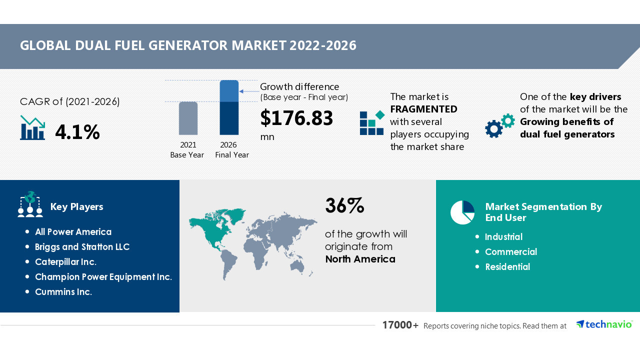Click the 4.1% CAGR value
pyautogui.click(x=77, y=132)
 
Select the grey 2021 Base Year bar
pyautogui.click(x=188, y=118)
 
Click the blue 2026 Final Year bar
pyautogui.click(x=229, y=107)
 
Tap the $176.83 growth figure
pyautogui.click(x=296, y=118)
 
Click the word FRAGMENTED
pyautogui.click(x=423, y=109)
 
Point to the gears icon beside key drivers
pyautogui.click(x=499, y=125)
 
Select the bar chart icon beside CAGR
pyautogui.click(x=32, y=128)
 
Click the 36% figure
pyautogui.click(x=344, y=205)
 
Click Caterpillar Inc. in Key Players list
pyautogui.click(x=65, y=262)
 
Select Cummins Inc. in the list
pyautogui.click(x=63, y=292)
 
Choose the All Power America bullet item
pyautogui.click(x=73, y=232)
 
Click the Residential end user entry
pyautogui.click(x=507, y=267)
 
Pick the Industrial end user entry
pyautogui.click(x=503, y=237)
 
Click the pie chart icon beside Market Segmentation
pyautogui.click(x=462, y=212)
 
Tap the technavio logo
pyautogui.click(x=604, y=324)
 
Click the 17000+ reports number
pyautogui.click(x=400, y=325)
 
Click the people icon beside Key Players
pyautogui.click(x=30, y=204)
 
